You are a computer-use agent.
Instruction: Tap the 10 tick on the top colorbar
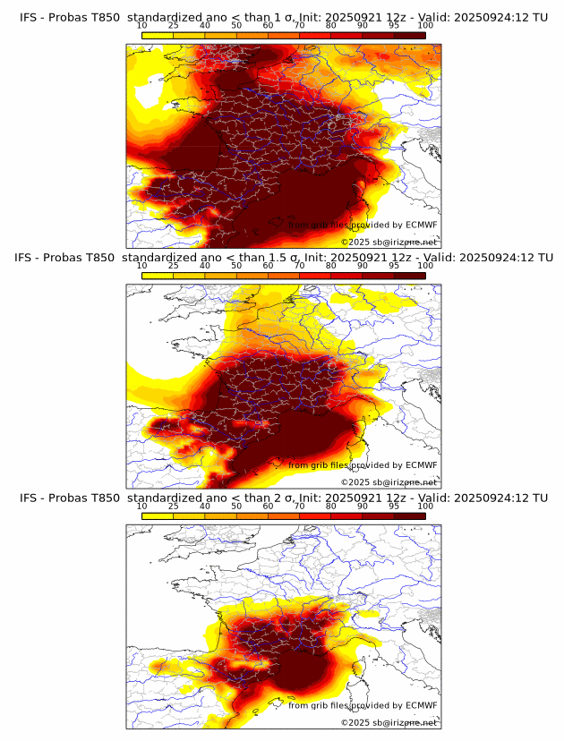[x=142, y=25]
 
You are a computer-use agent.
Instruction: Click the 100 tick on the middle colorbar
[x=425, y=266]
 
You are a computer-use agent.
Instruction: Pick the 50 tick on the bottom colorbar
[x=236, y=507]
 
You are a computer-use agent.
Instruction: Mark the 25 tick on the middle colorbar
[x=174, y=266]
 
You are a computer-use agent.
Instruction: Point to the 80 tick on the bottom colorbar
[x=330, y=507]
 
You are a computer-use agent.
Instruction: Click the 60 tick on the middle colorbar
[x=268, y=266]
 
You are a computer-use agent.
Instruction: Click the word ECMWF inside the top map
[x=421, y=226]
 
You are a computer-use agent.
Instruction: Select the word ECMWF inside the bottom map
[x=421, y=705]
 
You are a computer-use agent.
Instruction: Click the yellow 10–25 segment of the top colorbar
[x=158, y=34]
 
